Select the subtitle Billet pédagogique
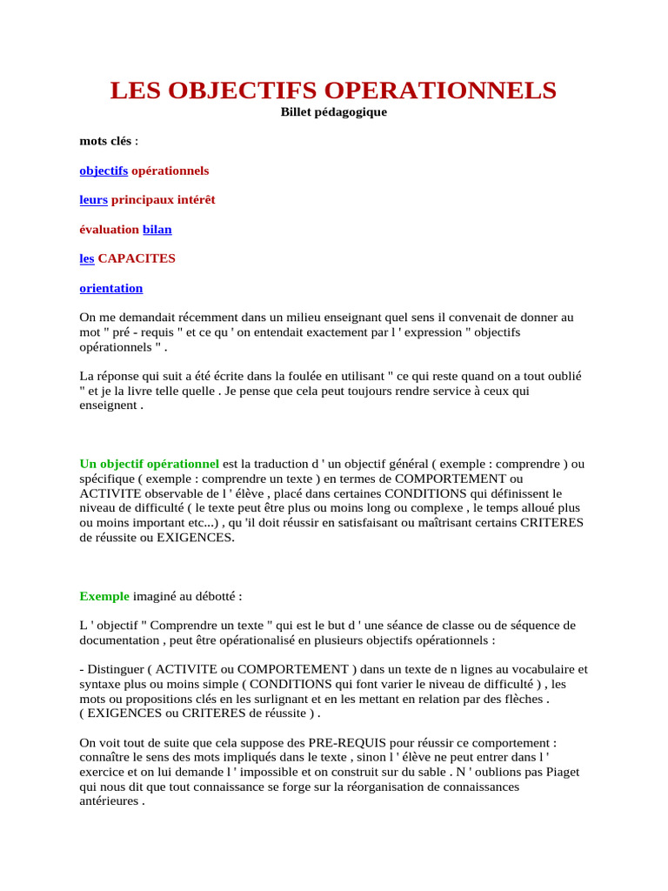(x=333, y=111)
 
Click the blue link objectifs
(x=104, y=171)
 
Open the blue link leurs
(x=93, y=200)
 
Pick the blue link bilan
(x=157, y=230)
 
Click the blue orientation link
(x=111, y=288)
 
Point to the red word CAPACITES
(x=137, y=258)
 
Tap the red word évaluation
(x=109, y=230)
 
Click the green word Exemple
(x=104, y=596)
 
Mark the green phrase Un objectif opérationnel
(x=150, y=464)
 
